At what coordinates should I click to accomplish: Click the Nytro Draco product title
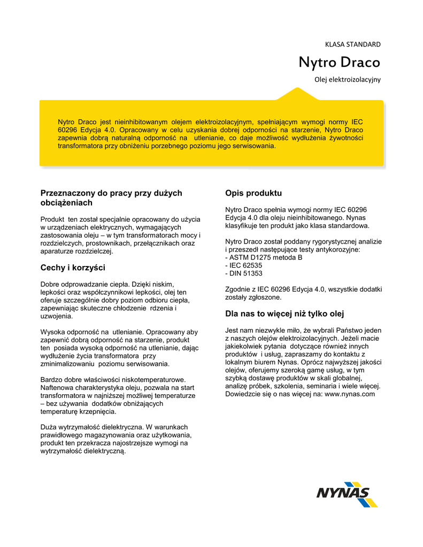(x=339, y=63)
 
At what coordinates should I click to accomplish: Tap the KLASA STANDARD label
(x=353, y=44)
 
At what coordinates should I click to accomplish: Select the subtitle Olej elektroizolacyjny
(x=347, y=80)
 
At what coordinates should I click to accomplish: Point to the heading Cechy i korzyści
(x=73, y=267)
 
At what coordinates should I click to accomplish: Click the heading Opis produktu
(x=253, y=193)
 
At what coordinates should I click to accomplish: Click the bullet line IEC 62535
(x=244, y=265)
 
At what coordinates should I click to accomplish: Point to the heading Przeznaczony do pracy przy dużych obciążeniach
(x=111, y=198)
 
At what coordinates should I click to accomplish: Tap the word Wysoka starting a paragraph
(x=52, y=331)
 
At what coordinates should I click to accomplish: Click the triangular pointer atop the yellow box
(x=290, y=94)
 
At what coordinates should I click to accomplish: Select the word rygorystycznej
(x=327, y=241)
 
